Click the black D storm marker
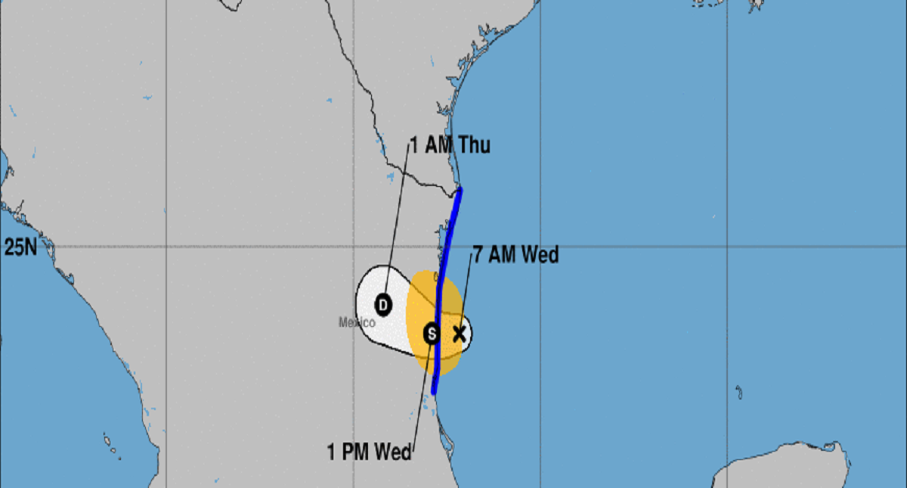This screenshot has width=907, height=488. pyautogui.click(x=383, y=305)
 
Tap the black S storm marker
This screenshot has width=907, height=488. pyautogui.click(x=431, y=333)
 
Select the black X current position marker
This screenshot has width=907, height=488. pyautogui.click(x=458, y=334)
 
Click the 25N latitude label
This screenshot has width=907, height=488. pyautogui.click(x=20, y=247)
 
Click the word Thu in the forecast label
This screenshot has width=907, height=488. pyautogui.click(x=473, y=145)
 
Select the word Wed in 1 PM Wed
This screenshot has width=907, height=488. pyautogui.click(x=393, y=453)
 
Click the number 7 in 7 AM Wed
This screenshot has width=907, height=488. pyautogui.click(x=477, y=256)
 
